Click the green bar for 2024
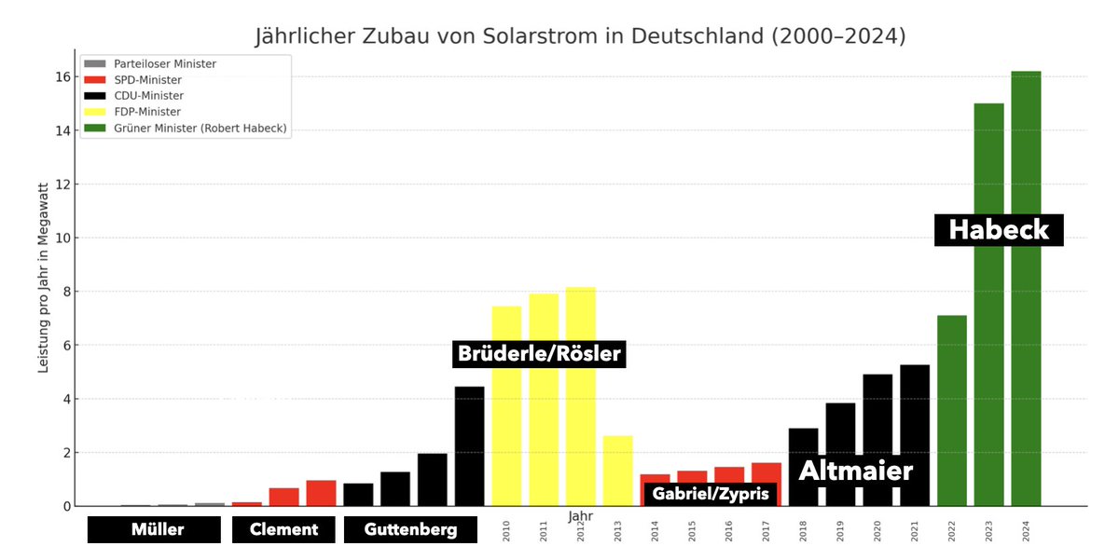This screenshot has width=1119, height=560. pyautogui.click(x=1026, y=289)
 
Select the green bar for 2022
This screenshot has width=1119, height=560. pyautogui.click(x=952, y=410)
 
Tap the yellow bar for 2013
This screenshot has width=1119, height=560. pyautogui.click(x=617, y=471)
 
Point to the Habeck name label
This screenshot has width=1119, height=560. pyautogui.click(x=999, y=230)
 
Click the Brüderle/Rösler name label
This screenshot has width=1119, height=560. pyautogui.click(x=538, y=354)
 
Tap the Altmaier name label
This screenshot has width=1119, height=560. pyautogui.click(x=856, y=471)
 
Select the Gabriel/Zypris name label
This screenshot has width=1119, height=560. pyautogui.click(x=711, y=494)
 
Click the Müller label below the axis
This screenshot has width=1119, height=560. pyautogui.click(x=154, y=529)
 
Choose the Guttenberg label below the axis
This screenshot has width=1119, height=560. pyautogui.click(x=410, y=529)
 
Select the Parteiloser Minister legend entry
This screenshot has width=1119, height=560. pyautogui.click(x=164, y=63)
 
